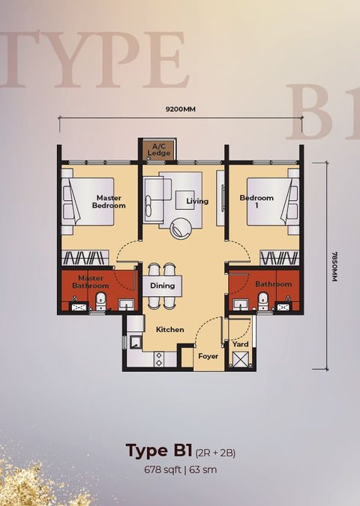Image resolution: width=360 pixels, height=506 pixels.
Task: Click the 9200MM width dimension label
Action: point(181,109)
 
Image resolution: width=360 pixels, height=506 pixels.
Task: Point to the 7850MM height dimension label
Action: point(334,266)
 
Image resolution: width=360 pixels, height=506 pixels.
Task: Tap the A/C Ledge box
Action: point(159,150)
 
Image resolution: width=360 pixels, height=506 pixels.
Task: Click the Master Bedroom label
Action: point(109,202)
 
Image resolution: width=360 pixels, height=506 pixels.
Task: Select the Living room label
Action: point(197,201)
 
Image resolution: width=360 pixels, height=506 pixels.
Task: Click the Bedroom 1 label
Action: point(256,201)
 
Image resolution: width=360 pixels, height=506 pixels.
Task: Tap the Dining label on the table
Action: point(163,286)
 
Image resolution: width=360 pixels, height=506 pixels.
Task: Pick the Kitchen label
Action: point(169,330)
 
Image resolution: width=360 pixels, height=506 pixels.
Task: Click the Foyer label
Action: point(208,356)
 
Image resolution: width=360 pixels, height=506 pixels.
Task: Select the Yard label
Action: point(241,344)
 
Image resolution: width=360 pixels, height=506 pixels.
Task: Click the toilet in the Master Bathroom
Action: point(101,301)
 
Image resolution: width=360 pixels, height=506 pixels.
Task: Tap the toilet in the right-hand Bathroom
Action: point(263,301)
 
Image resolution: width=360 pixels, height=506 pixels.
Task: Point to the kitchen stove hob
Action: point(159,359)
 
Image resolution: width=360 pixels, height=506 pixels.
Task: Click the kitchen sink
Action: point(136,343)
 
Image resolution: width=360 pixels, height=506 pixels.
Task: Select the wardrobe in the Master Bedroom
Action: point(85,258)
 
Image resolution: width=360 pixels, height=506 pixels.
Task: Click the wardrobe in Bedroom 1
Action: point(280,258)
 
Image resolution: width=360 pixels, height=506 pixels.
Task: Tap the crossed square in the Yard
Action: point(240,360)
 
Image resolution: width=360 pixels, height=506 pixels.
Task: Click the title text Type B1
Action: point(159,451)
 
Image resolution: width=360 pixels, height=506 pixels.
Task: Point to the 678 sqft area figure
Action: point(163,469)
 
